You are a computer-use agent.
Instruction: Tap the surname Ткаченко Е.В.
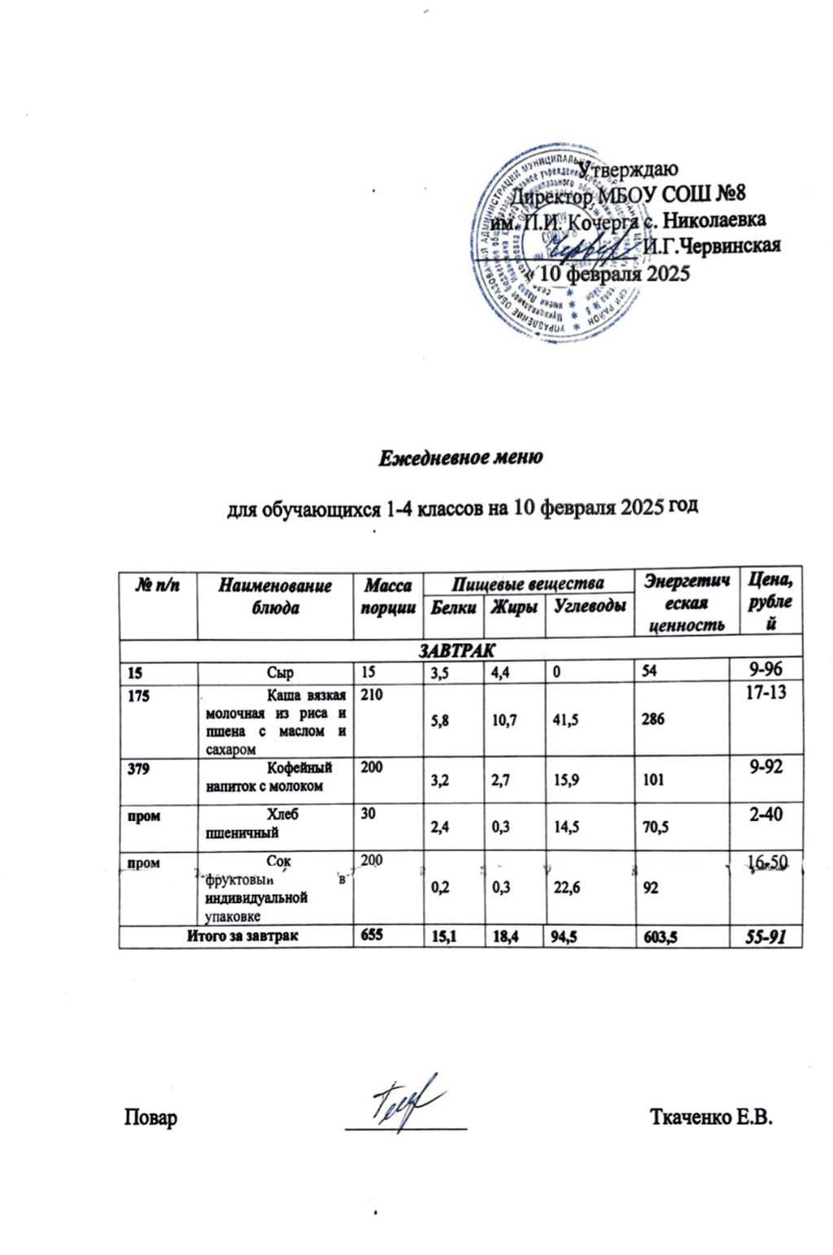[x=710, y=1117]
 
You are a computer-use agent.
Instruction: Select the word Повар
[x=150, y=1117]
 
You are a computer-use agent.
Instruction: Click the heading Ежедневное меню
[x=460, y=457]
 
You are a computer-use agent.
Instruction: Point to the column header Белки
[x=452, y=607]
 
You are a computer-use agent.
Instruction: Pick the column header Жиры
[x=513, y=607]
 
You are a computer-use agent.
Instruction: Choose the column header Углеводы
[x=590, y=606]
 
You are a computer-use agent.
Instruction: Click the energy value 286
[x=652, y=719]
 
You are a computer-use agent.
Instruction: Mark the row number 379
[x=139, y=768]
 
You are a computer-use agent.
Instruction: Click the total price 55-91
[x=765, y=937]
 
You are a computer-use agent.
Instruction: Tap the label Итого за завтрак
[x=242, y=937]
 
